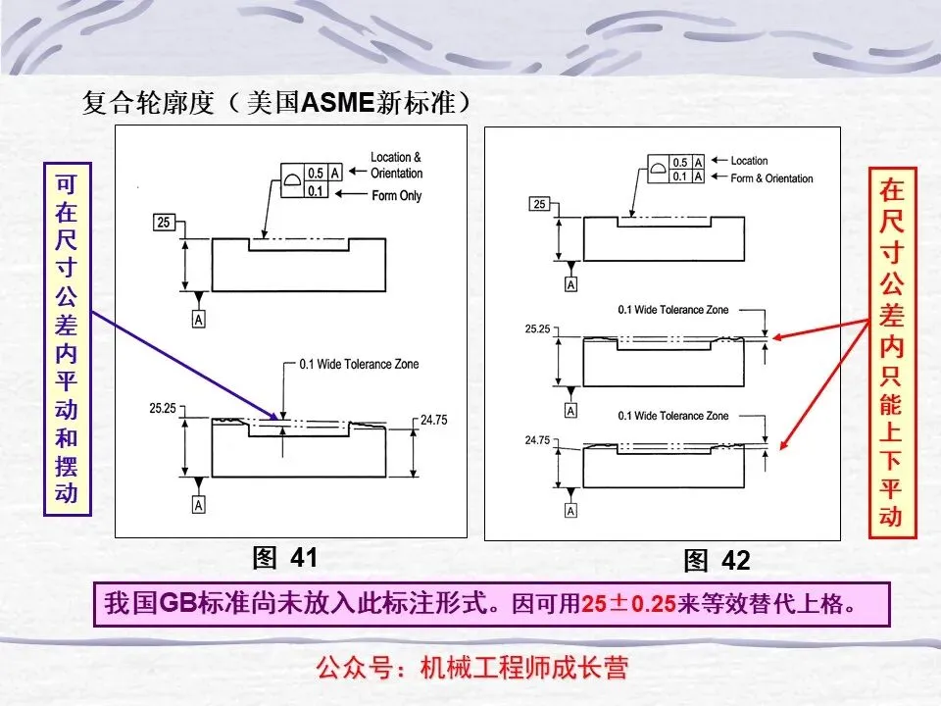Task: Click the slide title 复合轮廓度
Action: pos(147,103)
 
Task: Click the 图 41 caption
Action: pos(285,558)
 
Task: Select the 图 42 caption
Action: pos(717,560)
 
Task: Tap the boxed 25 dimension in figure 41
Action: pos(164,222)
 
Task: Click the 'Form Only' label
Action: pos(397,196)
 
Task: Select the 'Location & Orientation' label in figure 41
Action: pos(397,165)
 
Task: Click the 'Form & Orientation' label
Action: pos(772,178)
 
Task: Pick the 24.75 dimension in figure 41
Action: pos(433,421)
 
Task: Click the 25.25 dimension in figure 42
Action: pos(537,329)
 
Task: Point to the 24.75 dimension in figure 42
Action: pos(537,440)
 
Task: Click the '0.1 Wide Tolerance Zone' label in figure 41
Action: pos(359,365)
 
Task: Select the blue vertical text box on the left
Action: pos(66,338)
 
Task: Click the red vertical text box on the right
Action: pos(892,353)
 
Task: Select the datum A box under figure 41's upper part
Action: pos(199,320)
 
